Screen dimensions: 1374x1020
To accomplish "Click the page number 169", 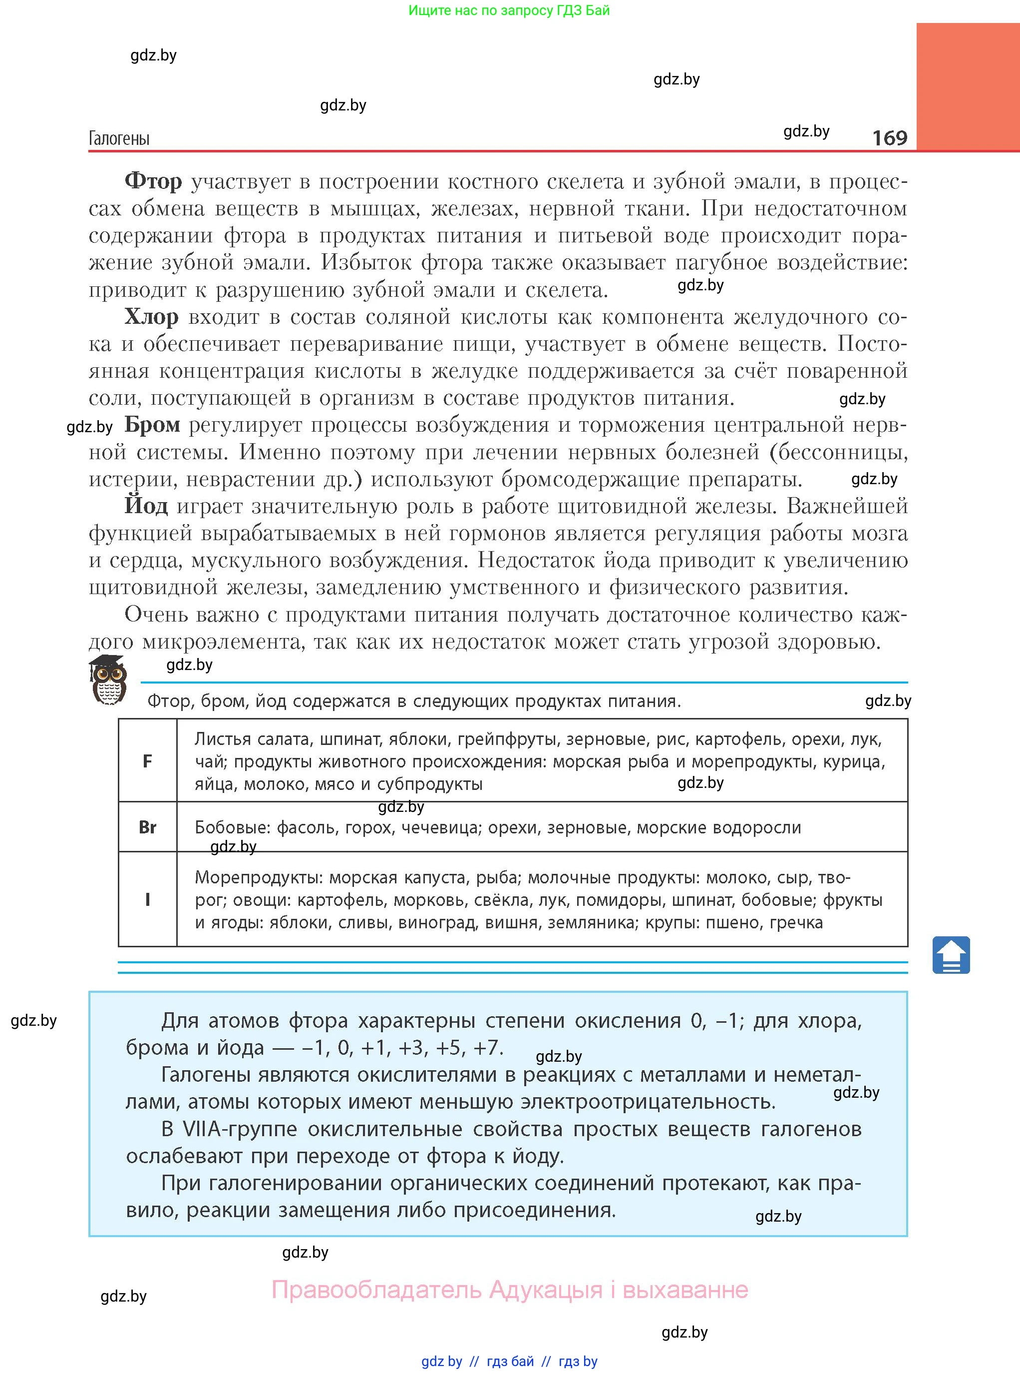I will tap(889, 137).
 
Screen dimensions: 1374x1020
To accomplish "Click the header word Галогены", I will tap(119, 138).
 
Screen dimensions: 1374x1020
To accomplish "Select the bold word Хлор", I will tap(151, 317).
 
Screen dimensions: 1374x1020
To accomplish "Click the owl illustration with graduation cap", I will tap(108, 680).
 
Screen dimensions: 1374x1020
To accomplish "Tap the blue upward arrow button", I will tap(951, 955).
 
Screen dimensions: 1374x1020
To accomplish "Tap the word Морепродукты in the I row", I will tap(259, 878).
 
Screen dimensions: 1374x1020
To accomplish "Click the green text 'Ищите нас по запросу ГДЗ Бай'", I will tap(509, 10).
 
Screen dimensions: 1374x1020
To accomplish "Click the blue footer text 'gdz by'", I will tap(441, 1362).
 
